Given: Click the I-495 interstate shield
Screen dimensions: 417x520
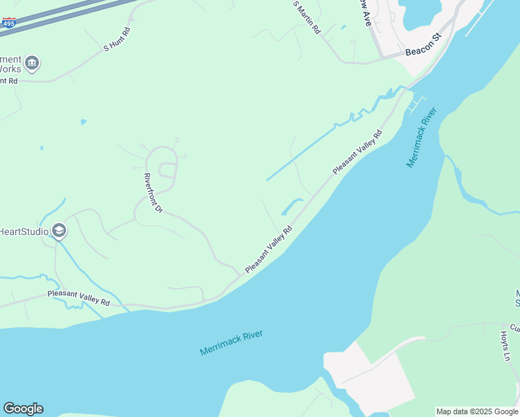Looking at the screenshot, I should click(9, 23).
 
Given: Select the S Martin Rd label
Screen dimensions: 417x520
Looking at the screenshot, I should click(307, 17).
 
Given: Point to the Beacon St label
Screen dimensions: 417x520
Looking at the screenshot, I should click(424, 48).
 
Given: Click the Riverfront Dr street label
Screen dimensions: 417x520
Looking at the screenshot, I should click(152, 193).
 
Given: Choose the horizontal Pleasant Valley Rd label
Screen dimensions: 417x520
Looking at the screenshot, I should click(79, 299).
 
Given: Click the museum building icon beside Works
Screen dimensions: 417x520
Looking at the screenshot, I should click(32, 64).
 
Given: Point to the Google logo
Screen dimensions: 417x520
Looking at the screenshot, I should click(23, 409).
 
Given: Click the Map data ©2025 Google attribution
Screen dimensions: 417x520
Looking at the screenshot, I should click(477, 411).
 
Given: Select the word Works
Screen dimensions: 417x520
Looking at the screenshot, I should click(10, 70).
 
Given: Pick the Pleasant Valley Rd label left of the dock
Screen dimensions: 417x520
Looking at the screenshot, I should click(357, 152).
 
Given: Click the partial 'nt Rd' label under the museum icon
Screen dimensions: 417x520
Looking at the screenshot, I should click(8, 81).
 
